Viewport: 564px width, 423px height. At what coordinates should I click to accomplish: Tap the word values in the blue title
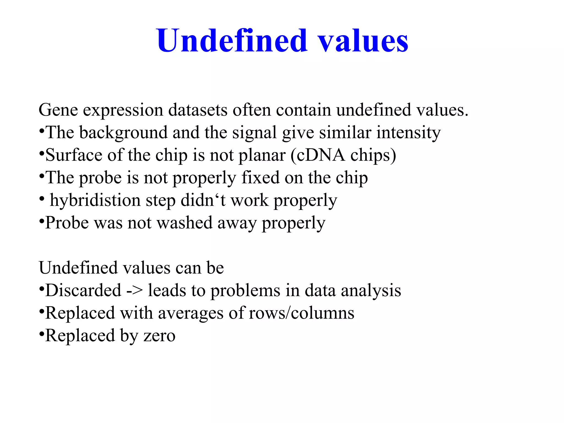coord(363,41)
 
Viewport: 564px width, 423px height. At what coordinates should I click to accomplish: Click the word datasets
coord(198,110)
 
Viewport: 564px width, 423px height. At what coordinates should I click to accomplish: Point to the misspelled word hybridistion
coord(95,200)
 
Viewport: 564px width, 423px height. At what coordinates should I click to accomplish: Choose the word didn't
coord(203,200)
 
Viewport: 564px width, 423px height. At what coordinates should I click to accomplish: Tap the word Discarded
coord(83,290)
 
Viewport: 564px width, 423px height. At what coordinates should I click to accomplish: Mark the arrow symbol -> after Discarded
coord(134,291)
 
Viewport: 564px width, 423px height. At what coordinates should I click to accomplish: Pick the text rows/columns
coord(302,313)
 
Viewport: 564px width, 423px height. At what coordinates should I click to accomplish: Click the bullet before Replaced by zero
coord(42,334)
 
